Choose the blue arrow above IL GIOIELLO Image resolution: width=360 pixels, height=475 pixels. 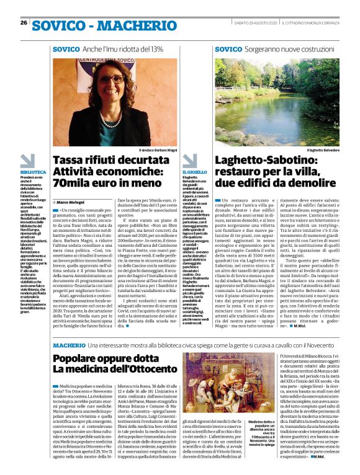(x=190, y=160)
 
